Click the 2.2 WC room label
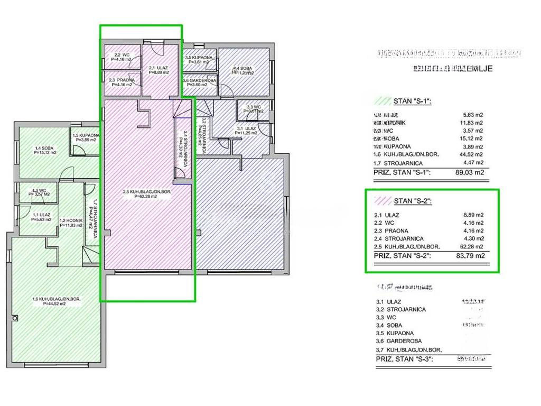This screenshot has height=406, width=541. tap(122, 57)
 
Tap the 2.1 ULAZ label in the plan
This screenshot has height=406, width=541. tap(158, 70)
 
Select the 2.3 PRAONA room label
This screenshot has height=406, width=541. tap(122, 82)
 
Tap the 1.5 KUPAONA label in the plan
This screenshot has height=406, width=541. tap(85, 137)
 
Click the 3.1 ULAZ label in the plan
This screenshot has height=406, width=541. tap(247, 131)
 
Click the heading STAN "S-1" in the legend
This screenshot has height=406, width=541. tap(413, 101)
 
